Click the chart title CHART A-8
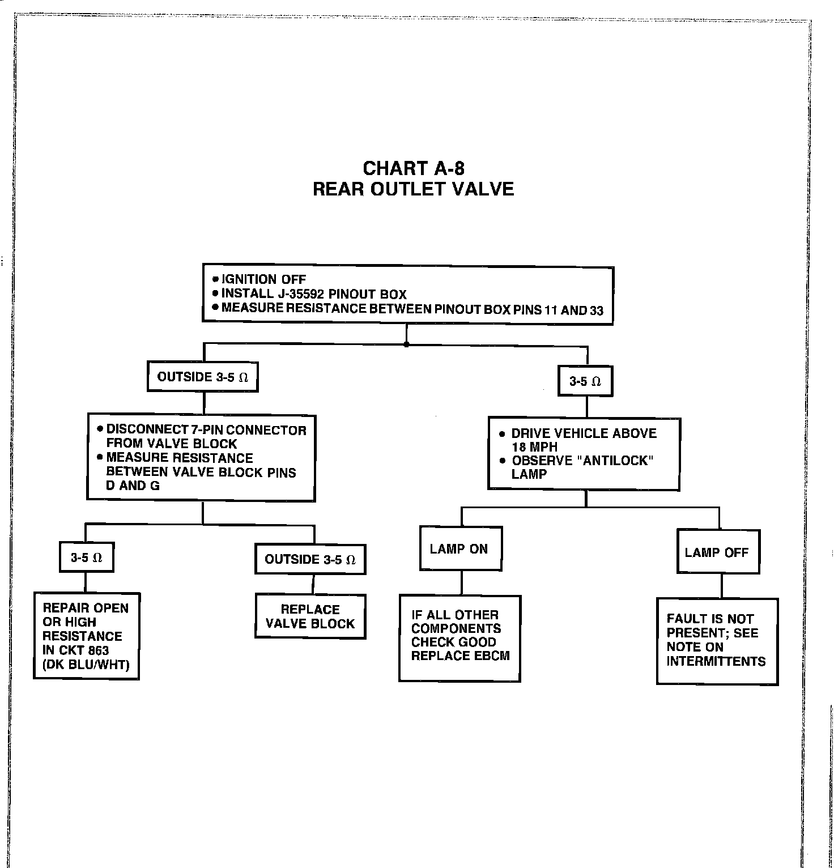tap(413, 168)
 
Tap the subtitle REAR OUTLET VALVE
tap(413, 189)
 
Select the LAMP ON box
tap(461, 548)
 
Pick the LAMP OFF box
tap(718, 552)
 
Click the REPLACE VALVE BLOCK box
tap(310, 616)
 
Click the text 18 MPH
tap(534, 447)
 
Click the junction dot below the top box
tap(406, 344)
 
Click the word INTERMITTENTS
tap(716, 661)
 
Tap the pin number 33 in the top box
tap(596, 310)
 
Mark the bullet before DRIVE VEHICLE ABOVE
tap(502, 434)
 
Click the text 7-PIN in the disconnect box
tap(205, 430)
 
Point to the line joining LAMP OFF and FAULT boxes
tap(721, 586)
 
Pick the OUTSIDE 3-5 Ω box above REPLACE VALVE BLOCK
tap(310, 560)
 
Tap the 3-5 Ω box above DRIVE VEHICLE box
tap(585, 381)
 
